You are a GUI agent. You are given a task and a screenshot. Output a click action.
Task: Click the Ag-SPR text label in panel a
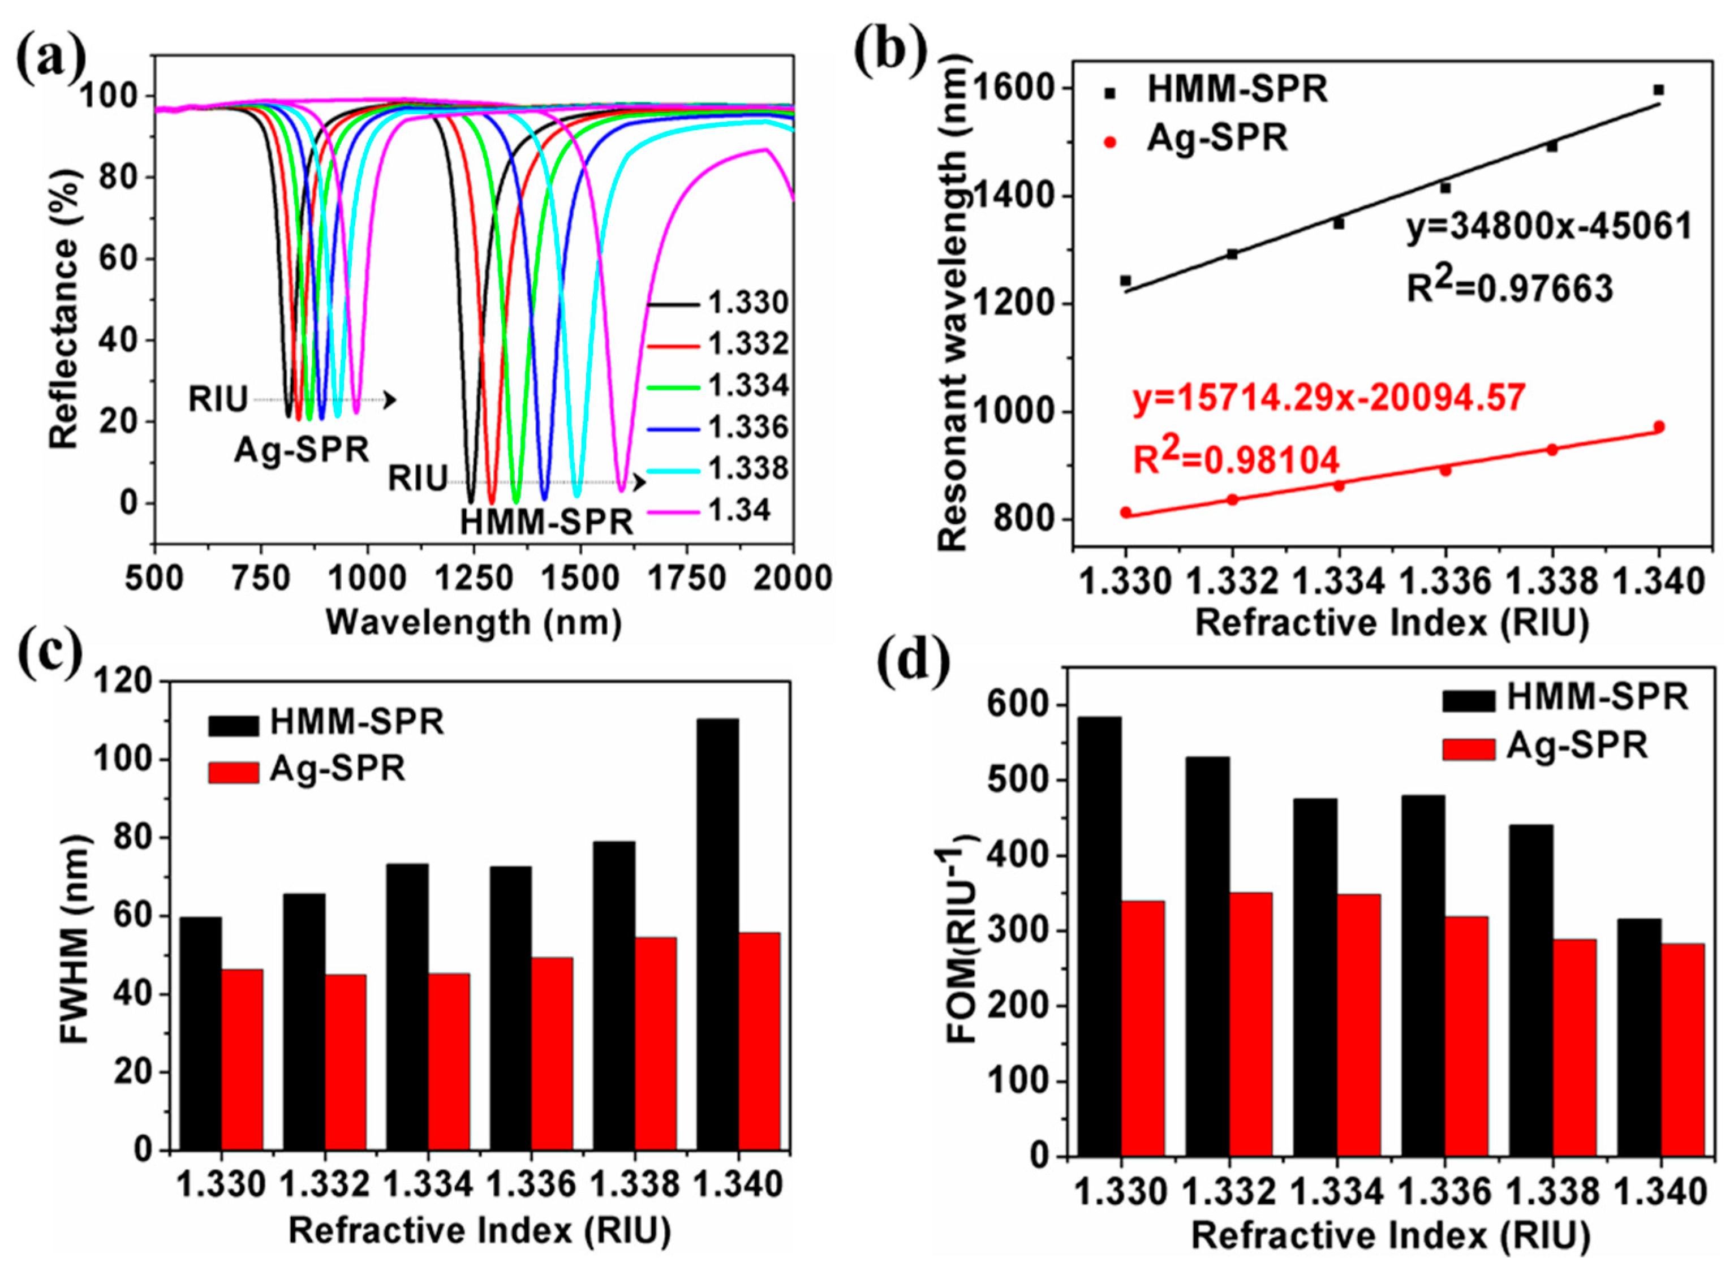tap(302, 449)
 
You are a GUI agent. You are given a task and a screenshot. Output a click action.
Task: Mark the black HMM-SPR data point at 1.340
tap(1659, 90)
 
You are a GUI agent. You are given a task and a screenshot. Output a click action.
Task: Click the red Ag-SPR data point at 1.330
tap(1126, 512)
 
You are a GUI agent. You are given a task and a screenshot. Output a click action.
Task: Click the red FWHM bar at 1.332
tap(346, 1062)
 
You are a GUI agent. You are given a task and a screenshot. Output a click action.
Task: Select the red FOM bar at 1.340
tap(1683, 1050)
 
